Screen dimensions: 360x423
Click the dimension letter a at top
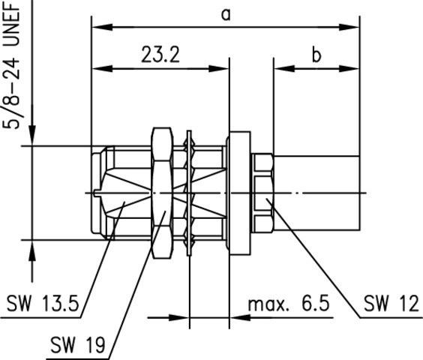click(x=225, y=13)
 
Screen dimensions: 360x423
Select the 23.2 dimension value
click(x=159, y=55)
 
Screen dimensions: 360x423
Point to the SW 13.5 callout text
click(x=43, y=304)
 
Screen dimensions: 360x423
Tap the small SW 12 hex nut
click(x=262, y=193)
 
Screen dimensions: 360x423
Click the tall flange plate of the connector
click(x=238, y=193)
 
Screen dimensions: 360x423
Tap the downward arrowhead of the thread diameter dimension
click(x=31, y=138)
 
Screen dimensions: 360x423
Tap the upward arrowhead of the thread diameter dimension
click(x=31, y=247)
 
